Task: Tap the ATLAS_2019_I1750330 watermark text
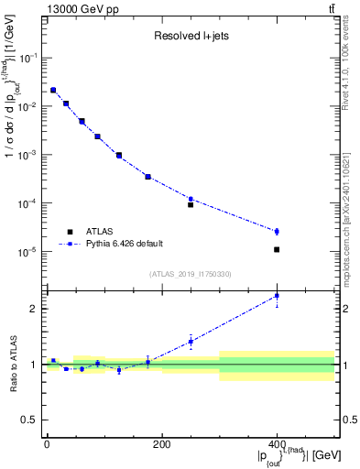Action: click(190, 274)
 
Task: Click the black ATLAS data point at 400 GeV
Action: click(277, 249)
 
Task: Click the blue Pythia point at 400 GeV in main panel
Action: click(277, 232)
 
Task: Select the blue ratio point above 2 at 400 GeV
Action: click(277, 296)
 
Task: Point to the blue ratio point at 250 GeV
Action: click(191, 342)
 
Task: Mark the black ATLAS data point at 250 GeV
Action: click(191, 204)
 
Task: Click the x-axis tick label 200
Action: click(161, 444)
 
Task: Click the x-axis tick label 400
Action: click(277, 444)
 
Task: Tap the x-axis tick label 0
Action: click(47, 444)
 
